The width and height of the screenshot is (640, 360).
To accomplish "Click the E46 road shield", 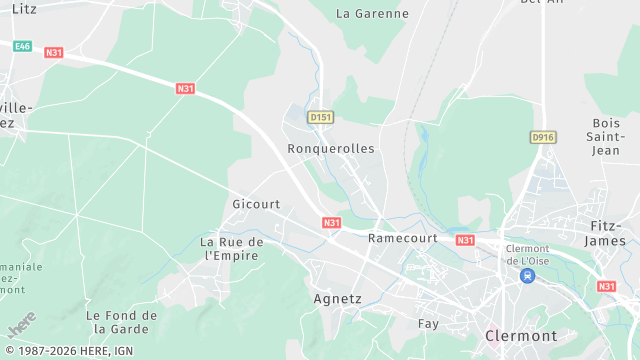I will (21, 46).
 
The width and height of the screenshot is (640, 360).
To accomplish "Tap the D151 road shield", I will (320, 117).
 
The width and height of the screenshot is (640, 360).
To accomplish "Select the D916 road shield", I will (543, 137).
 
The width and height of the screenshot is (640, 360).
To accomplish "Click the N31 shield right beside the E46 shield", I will (54, 53).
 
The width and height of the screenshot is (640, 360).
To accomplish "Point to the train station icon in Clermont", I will (527, 274).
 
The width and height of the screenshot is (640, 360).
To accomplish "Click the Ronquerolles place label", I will (330, 148).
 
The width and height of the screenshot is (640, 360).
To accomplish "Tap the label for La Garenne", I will (372, 14).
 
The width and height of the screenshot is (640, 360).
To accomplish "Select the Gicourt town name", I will (256, 204).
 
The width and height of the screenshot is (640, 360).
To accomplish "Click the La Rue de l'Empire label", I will (231, 249).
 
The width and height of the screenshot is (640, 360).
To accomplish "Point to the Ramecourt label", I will (404, 238).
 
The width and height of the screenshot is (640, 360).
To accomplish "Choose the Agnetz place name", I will (337, 298).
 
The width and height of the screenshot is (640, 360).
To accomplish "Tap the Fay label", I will (428, 323).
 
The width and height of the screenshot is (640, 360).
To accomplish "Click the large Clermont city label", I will (521, 336).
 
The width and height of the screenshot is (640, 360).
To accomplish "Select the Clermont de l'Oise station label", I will (527, 254).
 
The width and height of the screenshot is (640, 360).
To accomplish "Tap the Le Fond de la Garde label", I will (122, 322).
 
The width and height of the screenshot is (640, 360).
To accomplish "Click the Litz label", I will (23, 8).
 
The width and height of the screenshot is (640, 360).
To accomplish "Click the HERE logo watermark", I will (22, 325).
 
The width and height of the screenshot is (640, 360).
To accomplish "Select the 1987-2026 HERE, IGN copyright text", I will (68, 351).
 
